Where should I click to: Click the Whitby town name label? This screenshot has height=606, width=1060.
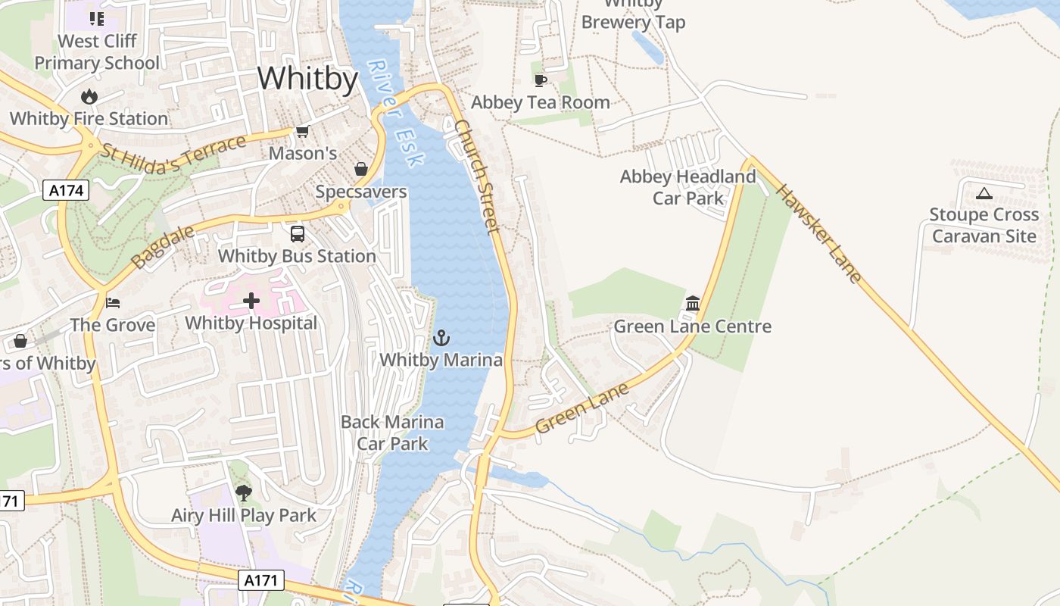(x=307, y=78)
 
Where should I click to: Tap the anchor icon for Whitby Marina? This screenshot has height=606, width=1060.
(x=441, y=338)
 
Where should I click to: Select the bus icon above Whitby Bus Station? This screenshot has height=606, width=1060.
(x=298, y=234)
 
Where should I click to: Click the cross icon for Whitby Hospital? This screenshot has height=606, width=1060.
(x=251, y=301)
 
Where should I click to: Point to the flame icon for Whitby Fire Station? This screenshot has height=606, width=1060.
(x=89, y=96)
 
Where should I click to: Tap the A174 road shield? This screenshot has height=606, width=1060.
(x=67, y=190)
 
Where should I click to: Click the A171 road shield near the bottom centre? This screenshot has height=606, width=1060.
(x=261, y=581)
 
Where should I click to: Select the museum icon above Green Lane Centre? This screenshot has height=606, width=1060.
(x=692, y=304)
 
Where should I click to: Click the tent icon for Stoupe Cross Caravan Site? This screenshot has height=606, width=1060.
(x=984, y=193)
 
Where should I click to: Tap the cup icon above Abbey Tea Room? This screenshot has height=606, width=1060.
(x=540, y=80)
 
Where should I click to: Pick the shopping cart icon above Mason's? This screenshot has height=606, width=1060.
(x=302, y=132)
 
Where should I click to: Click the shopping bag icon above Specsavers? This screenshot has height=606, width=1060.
(x=361, y=169)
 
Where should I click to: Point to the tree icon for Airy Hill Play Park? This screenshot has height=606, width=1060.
(x=243, y=493)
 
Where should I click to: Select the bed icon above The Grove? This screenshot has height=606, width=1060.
(x=113, y=303)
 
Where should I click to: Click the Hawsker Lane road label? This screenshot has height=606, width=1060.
(x=818, y=233)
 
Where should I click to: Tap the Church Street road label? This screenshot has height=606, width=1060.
(x=479, y=176)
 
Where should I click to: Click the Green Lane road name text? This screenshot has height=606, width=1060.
(x=581, y=408)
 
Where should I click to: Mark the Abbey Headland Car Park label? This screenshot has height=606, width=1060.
(x=687, y=187)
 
